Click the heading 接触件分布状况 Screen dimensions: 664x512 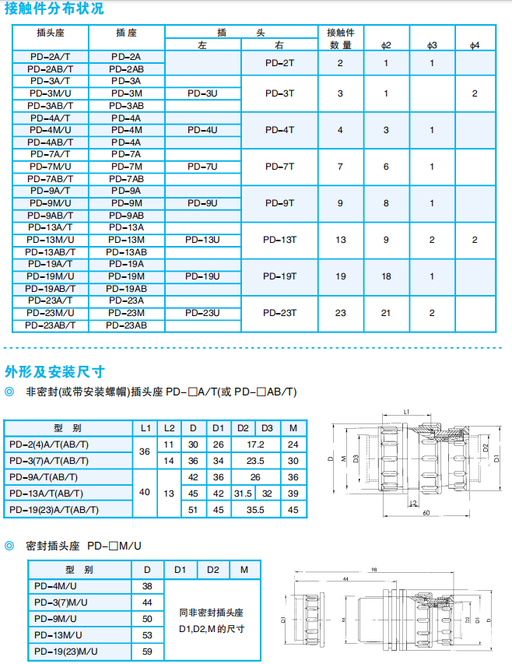click(x=54, y=9)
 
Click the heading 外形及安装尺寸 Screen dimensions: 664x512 click(x=54, y=371)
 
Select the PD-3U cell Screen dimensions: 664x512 click(x=202, y=93)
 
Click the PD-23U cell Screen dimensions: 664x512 click(x=202, y=313)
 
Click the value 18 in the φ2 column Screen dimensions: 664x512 click(x=387, y=276)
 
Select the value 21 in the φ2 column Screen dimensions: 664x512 click(x=387, y=313)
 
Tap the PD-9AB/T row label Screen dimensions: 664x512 click(x=50, y=215)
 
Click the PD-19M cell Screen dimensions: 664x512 click(x=126, y=276)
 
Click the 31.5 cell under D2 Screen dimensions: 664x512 click(x=243, y=493)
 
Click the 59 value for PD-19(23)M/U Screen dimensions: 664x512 click(x=147, y=651)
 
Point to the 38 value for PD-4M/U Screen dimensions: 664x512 click(x=147, y=585)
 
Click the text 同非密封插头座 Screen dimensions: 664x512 click(x=212, y=613)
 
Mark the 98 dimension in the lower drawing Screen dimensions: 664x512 click(x=376, y=571)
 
